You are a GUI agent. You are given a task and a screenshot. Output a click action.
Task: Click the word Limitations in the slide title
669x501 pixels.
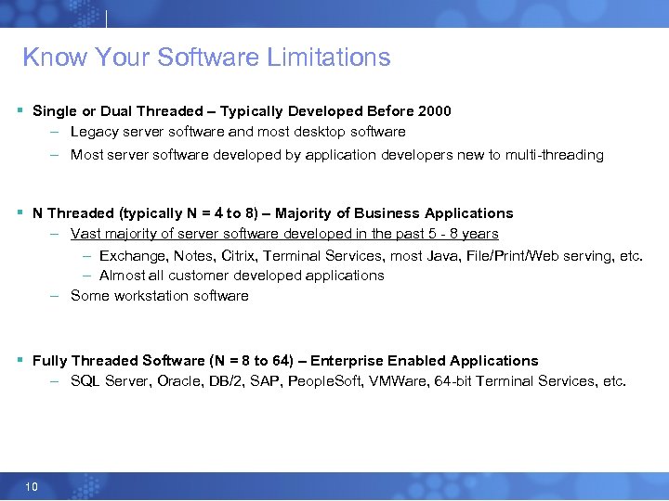328,58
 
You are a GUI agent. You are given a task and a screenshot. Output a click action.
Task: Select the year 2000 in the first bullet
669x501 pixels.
434,111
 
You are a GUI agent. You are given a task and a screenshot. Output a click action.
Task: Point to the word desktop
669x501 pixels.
308,132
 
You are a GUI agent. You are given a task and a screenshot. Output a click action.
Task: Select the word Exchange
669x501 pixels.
132,255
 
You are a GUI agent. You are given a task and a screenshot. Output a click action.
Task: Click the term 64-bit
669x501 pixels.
451,381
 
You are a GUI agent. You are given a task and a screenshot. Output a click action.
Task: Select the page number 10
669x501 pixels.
32,486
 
